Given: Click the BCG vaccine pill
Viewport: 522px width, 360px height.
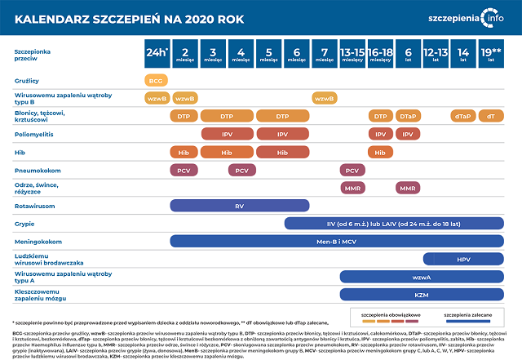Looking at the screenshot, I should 156,81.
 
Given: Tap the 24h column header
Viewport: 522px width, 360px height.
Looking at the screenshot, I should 156,53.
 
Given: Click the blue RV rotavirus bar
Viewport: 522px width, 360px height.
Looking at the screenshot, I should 239,207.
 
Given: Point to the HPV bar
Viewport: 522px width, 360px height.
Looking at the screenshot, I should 464,259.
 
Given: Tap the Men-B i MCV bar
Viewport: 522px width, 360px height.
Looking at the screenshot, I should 336,242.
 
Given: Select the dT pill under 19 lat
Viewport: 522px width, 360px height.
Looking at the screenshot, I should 491,116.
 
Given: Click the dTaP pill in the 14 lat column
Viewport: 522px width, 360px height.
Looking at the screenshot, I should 462,116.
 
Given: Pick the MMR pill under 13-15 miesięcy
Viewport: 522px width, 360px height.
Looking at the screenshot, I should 352,189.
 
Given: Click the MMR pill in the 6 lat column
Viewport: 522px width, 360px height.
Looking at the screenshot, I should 408,189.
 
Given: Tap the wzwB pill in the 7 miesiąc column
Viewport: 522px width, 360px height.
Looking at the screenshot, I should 324,99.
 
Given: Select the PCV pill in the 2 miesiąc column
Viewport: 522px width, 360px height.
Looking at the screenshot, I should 184,171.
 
